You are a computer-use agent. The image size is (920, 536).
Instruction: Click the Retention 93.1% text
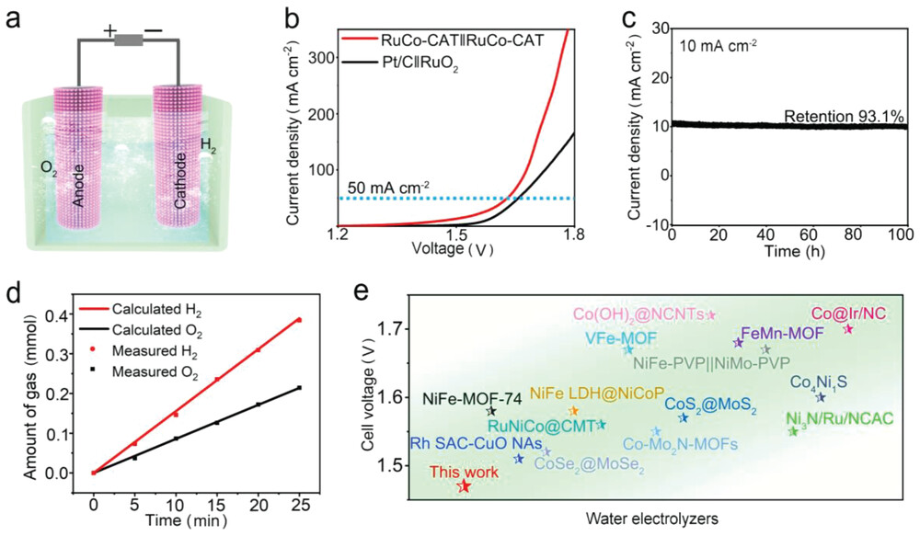[x=845, y=117]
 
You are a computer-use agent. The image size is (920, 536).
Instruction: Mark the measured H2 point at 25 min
[x=298, y=320]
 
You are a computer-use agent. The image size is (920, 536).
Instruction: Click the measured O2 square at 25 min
[x=298, y=388]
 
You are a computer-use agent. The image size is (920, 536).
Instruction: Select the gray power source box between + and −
[x=130, y=40]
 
